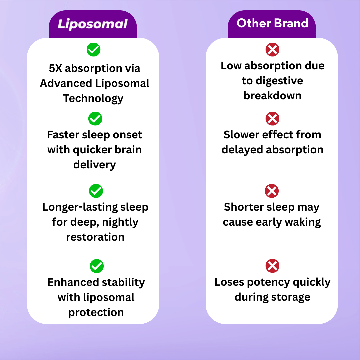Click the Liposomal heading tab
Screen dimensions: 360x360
(x=93, y=24)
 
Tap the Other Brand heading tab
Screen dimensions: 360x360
(x=272, y=23)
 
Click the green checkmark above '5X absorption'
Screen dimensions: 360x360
(x=94, y=50)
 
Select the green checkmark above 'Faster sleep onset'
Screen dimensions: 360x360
(x=95, y=119)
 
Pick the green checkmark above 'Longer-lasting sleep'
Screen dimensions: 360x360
(x=96, y=191)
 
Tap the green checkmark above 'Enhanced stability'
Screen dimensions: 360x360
(x=97, y=266)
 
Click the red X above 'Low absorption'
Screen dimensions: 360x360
(x=272, y=50)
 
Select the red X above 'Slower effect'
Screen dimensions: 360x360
(x=272, y=119)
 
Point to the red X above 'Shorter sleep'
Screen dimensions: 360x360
(x=272, y=191)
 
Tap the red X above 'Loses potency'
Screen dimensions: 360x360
(x=272, y=266)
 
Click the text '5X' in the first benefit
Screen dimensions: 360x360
(x=55, y=68)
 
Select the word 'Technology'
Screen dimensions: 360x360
(x=93, y=98)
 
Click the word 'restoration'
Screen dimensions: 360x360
(x=95, y=237)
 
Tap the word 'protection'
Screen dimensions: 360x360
(x=96, y=312)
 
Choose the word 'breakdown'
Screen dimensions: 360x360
(x=272, y=96)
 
